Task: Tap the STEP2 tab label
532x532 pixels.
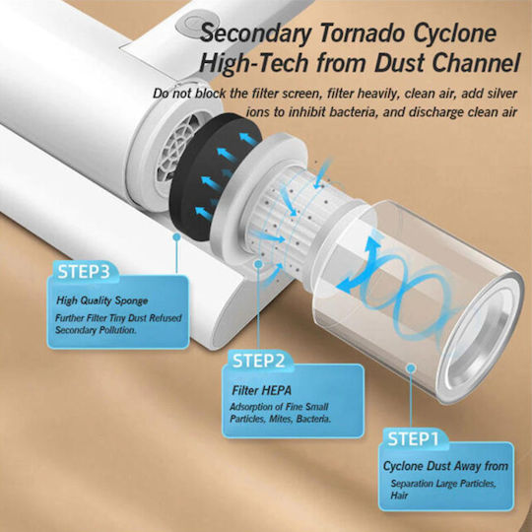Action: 258,361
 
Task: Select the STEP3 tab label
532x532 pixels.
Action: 84,271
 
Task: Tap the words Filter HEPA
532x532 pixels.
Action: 262,390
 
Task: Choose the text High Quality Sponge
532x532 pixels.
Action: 102,300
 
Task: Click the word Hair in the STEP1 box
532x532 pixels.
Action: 399,496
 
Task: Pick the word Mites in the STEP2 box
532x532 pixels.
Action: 281,419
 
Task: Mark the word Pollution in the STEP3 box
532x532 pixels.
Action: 117,330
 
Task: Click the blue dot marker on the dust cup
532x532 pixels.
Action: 411,367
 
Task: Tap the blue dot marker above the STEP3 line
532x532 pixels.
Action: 176,236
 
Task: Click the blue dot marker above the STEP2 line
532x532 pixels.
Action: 258,264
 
